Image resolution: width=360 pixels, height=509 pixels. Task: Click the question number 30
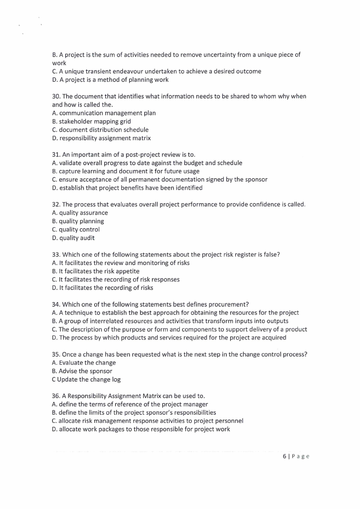tap(56, 96)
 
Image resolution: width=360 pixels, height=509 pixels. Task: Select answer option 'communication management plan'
tap(107, 113)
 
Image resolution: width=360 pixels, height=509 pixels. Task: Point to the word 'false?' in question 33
tap(270, 254)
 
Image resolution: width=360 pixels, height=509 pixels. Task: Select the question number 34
tap(56, 304)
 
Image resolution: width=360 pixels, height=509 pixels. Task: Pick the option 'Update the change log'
tap(89, 379)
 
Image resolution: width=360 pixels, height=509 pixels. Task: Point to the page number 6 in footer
tap(284, 456)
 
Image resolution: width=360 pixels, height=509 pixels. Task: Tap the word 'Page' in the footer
tap(300, 456)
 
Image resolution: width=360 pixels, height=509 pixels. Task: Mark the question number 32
tap(56, 205)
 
